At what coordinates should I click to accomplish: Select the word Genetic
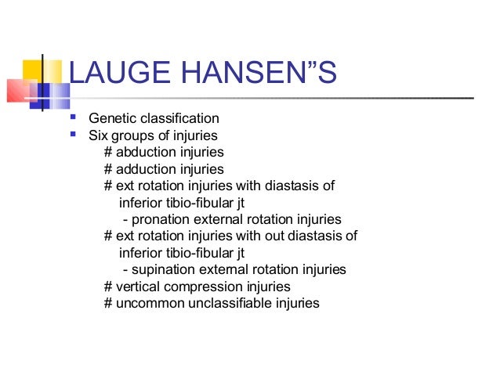pos(111,119)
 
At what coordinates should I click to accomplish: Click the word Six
pos(98,136)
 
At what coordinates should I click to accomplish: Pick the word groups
pos(132,136)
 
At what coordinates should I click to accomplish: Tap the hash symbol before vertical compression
pos(108,287)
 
